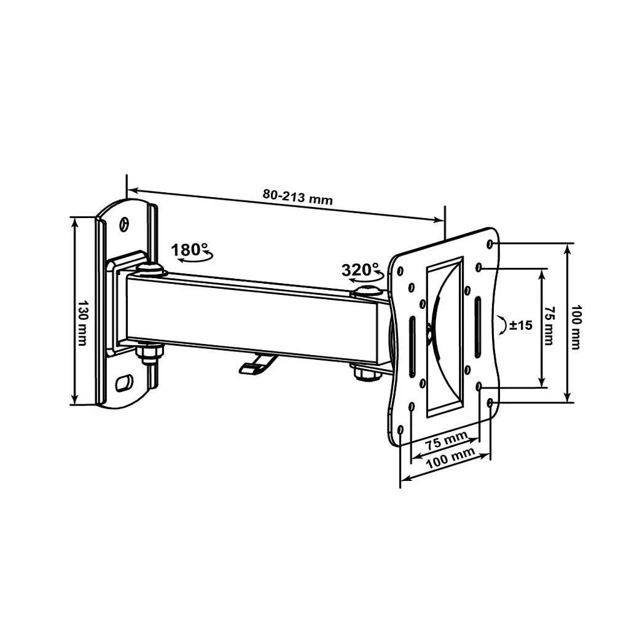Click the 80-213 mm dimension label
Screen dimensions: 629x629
tap(298, 197)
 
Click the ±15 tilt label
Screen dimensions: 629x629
tap(521, 326)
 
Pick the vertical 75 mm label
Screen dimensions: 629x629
tap(549, 326)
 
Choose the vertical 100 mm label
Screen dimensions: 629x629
tap(575, 327)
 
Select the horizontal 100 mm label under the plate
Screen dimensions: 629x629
tap(450, 458)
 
